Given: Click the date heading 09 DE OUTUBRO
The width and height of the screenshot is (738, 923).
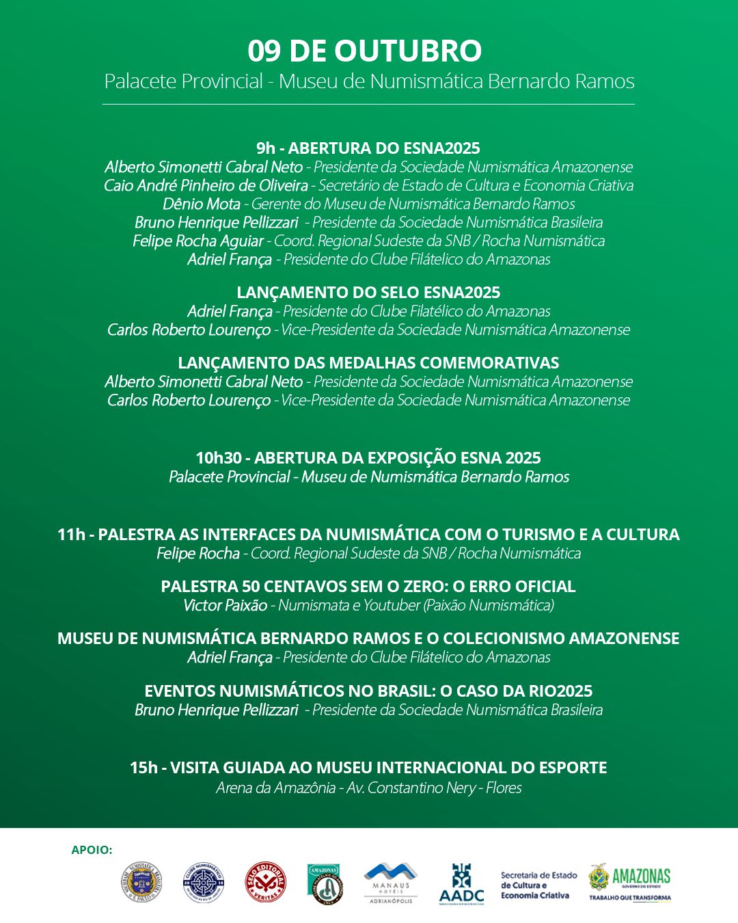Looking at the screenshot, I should click(x=364, y=51).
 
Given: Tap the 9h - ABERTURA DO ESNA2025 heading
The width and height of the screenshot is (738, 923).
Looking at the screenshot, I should click(x=368, y=148).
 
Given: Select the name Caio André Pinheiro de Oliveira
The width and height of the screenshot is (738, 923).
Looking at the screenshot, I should click(x=206, y=185).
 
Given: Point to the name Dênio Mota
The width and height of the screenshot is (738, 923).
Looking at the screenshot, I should click(x=202, y=204).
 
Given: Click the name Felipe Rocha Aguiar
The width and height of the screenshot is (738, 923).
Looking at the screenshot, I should click(x=198, y=241).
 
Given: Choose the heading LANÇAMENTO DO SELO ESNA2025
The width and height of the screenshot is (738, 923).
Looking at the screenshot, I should click(x=368, y=293).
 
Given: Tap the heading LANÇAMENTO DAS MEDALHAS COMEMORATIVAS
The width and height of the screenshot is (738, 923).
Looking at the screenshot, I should click(x=368, y=363).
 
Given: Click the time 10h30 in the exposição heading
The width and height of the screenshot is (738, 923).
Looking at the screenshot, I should click(x=218, y=458).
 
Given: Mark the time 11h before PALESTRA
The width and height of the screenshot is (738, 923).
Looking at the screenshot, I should click(x=70, y=535).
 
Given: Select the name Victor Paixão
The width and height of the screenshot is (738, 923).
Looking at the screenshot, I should click(x=225, y=605).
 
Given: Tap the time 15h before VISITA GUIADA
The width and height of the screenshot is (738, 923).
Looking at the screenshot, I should click(x=143, y=768).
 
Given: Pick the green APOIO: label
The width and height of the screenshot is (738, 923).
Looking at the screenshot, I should click(x=92, y=850).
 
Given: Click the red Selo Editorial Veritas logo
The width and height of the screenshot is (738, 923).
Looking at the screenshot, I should click(x=265, y=882).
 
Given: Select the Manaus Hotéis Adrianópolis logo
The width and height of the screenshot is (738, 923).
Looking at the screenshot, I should click(x=390, y=883).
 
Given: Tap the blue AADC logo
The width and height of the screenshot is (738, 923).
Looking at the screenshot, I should click(x=461, y=883).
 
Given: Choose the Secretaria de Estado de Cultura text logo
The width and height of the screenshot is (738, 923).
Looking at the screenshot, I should click(x=538, y=885).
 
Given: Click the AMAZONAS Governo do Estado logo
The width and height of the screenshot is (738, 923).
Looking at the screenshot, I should click(x=629, y=882).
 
